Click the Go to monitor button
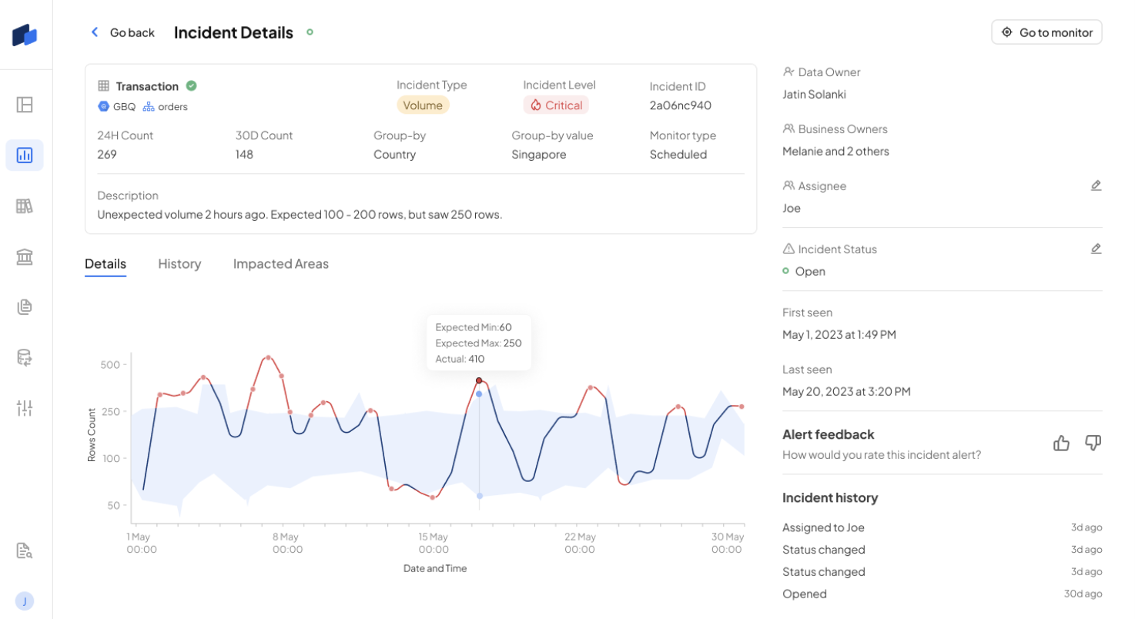[x=1046, y=32]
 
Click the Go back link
[x=122, y=32]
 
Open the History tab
[x=179, y=263]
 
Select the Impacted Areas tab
[x=281, y=263]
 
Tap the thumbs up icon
[x=1061, y=443]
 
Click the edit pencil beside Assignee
[x=1096, y=186]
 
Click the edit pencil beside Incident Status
[x=1096, y=249]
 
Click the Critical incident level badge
[x=556, y=105]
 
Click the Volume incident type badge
[x=423, y=105]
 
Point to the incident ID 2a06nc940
[x=681, y=105]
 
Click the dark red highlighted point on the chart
[x=479, y=380]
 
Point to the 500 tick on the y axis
[x=110, y=365]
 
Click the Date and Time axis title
[x=435, y=568]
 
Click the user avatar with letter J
[x=25, y=601]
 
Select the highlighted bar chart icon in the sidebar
[x=25, y=155]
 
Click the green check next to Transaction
[x=191, y=85]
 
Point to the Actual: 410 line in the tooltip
[x=460, y=359]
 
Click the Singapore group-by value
[x=538, y=155]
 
